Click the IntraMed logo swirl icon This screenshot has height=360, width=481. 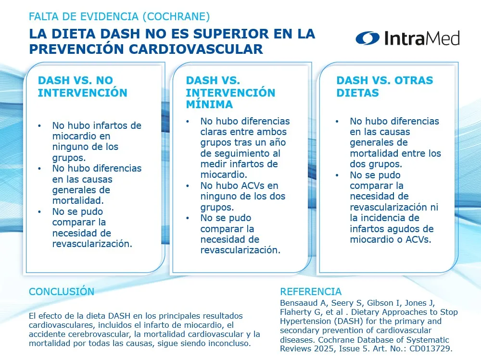click(367, 38)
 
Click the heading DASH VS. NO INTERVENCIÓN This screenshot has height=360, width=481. click(83, 87)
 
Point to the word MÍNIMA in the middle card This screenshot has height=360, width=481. click(209, 104)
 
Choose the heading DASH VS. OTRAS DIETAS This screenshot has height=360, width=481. click(385, 87)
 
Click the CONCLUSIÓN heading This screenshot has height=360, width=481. click(62, 291)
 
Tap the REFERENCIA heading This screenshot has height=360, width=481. click(311, 291)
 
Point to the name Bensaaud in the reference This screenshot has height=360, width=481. click(299, 303)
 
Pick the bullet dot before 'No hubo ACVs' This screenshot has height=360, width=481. click(188, 186)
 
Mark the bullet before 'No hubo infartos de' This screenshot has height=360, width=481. click(39, 126)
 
